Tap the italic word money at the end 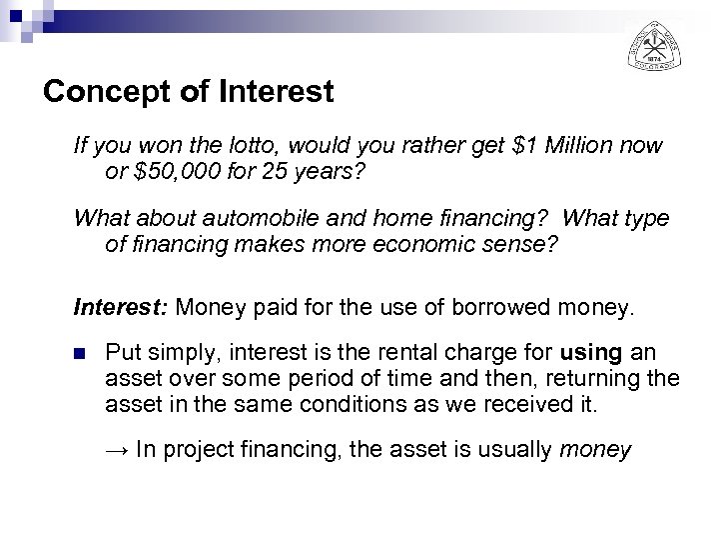[x=596, y=450]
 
